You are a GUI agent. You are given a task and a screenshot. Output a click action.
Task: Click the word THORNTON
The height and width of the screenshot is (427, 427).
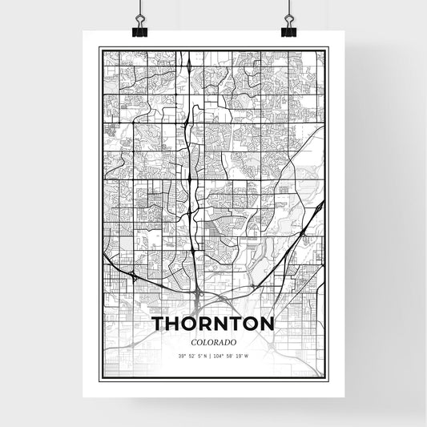[213, 324]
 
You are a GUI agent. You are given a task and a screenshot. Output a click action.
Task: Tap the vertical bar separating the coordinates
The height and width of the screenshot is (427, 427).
[212, 355]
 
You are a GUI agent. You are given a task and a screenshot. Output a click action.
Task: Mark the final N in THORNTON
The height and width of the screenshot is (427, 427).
[268, 324]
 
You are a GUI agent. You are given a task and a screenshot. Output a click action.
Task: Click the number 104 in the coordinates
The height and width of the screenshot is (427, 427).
[222, 355]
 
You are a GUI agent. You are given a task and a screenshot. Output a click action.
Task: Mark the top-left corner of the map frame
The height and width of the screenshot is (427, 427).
[99, 47]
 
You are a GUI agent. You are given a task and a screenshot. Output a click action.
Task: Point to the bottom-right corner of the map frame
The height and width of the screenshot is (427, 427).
[328, 380]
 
